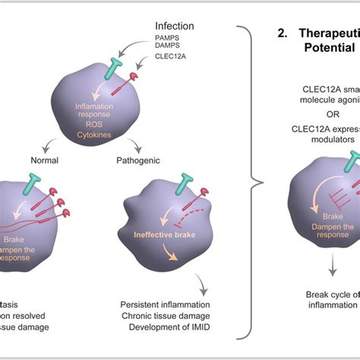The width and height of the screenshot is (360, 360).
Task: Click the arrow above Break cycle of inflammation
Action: [333, 267]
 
